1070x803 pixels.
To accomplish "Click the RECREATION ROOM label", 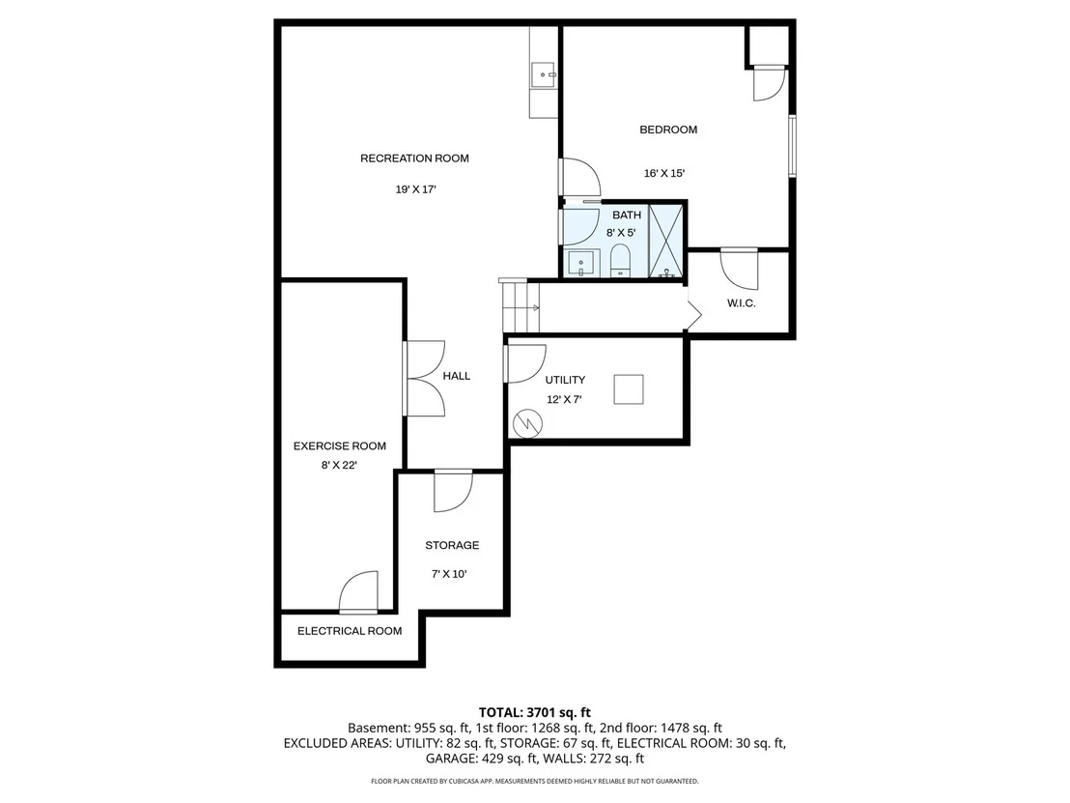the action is click(414, 158).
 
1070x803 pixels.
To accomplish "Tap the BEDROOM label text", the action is click(668, 129).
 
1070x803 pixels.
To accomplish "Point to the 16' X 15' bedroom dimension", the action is click(664, 173).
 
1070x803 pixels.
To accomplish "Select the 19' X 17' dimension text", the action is click(415, 189).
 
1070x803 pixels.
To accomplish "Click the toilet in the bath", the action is click(620, 262).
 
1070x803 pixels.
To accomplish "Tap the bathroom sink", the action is click(580, 264).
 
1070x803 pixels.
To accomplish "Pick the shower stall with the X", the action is click(665, 241).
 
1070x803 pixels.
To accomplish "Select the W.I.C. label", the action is click(741, 303).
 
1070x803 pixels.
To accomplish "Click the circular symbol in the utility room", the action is click(527, 423).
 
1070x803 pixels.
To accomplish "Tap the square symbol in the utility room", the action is click(629, 389).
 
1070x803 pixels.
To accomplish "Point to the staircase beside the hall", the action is click(521, 306).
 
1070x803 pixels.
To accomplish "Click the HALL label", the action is click(457, 376).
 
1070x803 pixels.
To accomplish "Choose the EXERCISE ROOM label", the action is click(340, 446).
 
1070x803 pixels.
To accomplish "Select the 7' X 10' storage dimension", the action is click(449, 574).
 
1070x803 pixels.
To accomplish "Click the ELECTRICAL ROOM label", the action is click(350, 631).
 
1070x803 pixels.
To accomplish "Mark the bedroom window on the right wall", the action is click(792, 146).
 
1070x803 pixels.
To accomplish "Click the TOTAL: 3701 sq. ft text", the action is click(534, 713).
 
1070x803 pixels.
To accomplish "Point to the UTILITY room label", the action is click(565, 381).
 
